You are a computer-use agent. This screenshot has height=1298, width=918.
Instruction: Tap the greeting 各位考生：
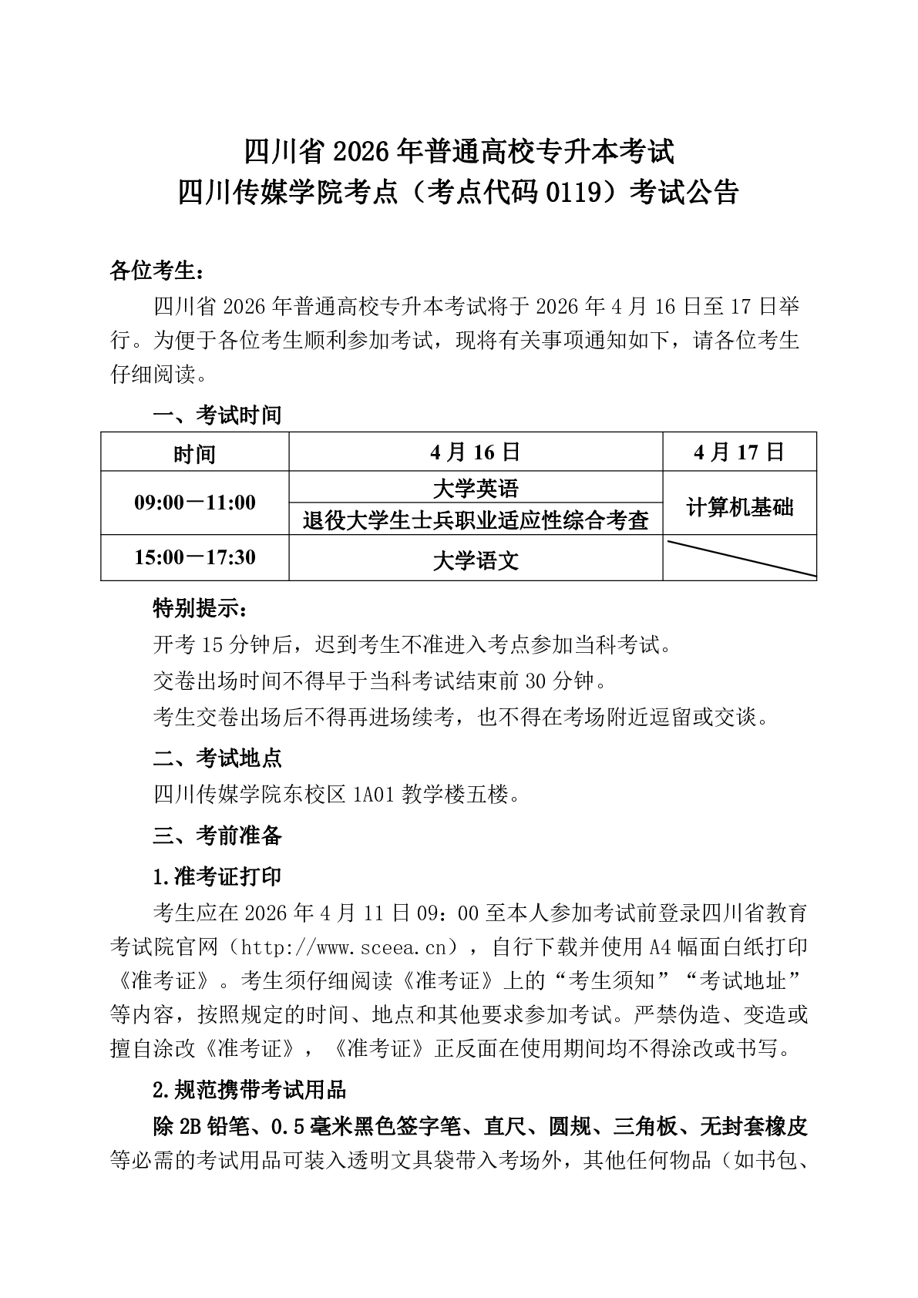pos(157,271)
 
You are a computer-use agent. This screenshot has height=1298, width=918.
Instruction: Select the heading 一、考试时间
pos(217,415)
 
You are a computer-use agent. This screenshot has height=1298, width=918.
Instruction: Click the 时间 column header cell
pos(194,453)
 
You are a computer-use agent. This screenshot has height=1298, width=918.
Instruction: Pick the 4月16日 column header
pos(476,452)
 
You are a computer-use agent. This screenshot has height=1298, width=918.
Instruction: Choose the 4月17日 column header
pos(739,452)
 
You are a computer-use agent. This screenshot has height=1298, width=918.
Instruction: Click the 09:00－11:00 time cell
pos(194,503)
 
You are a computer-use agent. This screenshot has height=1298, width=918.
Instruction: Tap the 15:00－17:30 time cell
pos(194,557)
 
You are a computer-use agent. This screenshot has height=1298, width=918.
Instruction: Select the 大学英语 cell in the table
pos(476,488)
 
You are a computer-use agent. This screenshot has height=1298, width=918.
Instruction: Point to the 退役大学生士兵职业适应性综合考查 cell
pos(476,520)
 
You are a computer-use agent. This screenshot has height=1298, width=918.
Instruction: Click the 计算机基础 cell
pos(739,507)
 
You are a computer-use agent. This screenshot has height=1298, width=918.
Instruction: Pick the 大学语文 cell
pos(476,560)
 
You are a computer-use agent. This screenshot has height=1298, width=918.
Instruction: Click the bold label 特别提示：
pos(200,609)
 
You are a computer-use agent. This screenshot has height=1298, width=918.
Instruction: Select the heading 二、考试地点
pos(217,758)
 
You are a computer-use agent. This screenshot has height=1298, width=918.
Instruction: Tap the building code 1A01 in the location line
pos(375,795)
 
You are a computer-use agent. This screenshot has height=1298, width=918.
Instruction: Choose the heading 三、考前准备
pos(217,836)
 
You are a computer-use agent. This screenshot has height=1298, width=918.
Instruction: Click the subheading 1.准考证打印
pos(217,877)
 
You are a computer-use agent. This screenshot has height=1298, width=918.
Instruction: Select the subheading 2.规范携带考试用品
pos(249,1090)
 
